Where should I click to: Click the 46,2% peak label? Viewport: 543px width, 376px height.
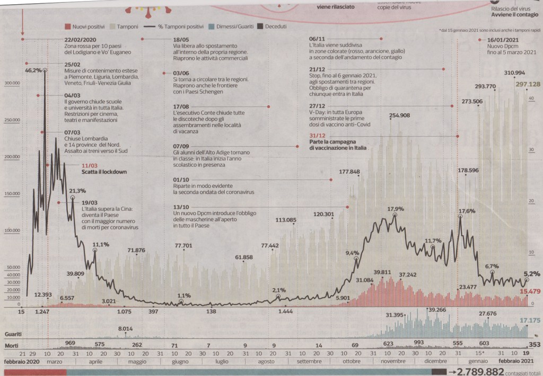click(32, 69)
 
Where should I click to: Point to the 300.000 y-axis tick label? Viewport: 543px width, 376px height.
click(12, 83)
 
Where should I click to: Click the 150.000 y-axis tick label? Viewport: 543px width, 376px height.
click(12, 194)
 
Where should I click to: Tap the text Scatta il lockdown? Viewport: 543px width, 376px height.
click(104, 172)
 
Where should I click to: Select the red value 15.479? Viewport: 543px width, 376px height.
click(530, 291)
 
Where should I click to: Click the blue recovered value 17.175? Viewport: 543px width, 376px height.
click(530, 320)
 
